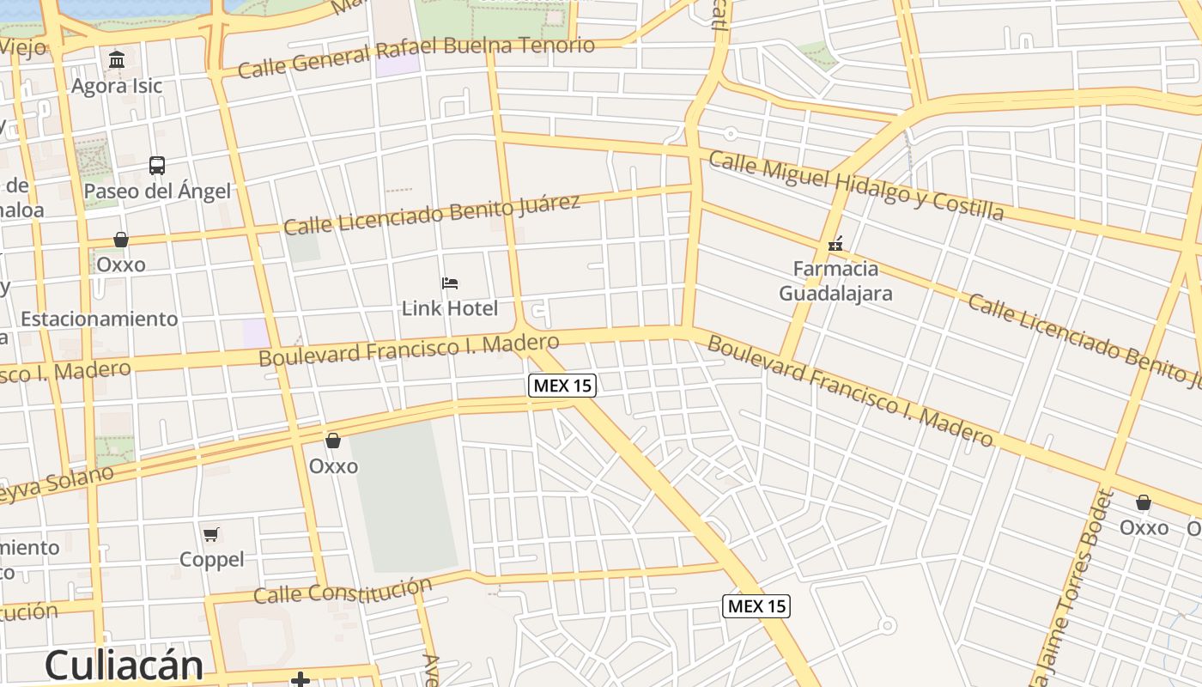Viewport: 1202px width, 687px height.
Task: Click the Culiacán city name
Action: tap(124, 666)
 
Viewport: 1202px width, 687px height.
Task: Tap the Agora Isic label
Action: tap(117, 86)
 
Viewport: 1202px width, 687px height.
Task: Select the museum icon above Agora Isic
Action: tap(117, 59)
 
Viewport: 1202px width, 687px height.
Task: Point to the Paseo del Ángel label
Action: tap(157, 191)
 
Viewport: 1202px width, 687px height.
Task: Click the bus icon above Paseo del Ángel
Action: tap(157, 165)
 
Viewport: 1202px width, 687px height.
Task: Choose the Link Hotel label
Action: tap(450, 307)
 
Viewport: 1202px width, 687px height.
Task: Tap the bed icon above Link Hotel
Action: tap(450, 283)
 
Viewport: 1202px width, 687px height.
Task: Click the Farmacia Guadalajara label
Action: tap(835, 281)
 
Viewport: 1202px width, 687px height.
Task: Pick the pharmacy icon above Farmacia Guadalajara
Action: tap(835, 244)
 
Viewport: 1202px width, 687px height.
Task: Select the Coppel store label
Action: tap(212, 559)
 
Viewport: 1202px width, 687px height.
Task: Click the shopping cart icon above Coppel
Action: tap(211, 534)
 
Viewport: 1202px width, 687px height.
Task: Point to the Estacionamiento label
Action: tap(100, 319)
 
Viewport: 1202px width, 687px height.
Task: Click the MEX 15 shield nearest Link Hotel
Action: tap(562, 386)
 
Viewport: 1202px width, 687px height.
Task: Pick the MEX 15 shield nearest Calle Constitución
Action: tap(756, 606)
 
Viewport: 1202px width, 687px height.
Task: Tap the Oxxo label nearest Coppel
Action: tap(333, 466)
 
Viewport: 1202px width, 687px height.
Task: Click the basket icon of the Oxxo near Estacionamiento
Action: tap(121, 240)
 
